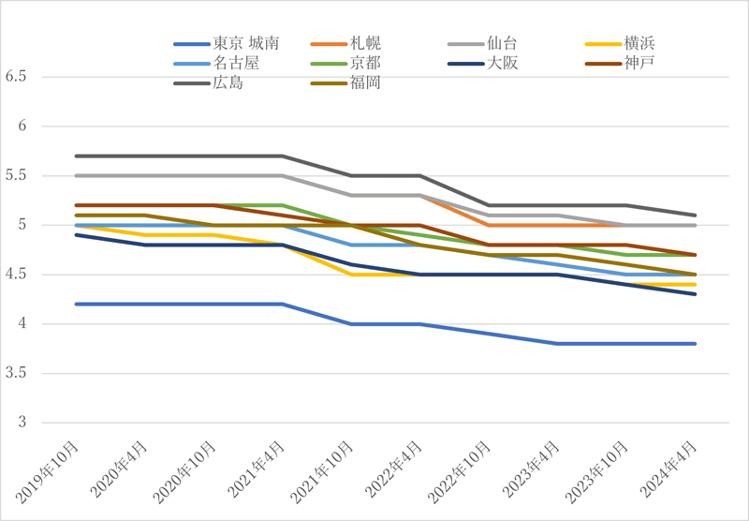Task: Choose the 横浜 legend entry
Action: coord(638,44)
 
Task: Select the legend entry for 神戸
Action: coord(638,64)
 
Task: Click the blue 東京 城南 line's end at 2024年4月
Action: coord(695,344)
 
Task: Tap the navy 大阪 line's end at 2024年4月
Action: coord(695,294)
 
